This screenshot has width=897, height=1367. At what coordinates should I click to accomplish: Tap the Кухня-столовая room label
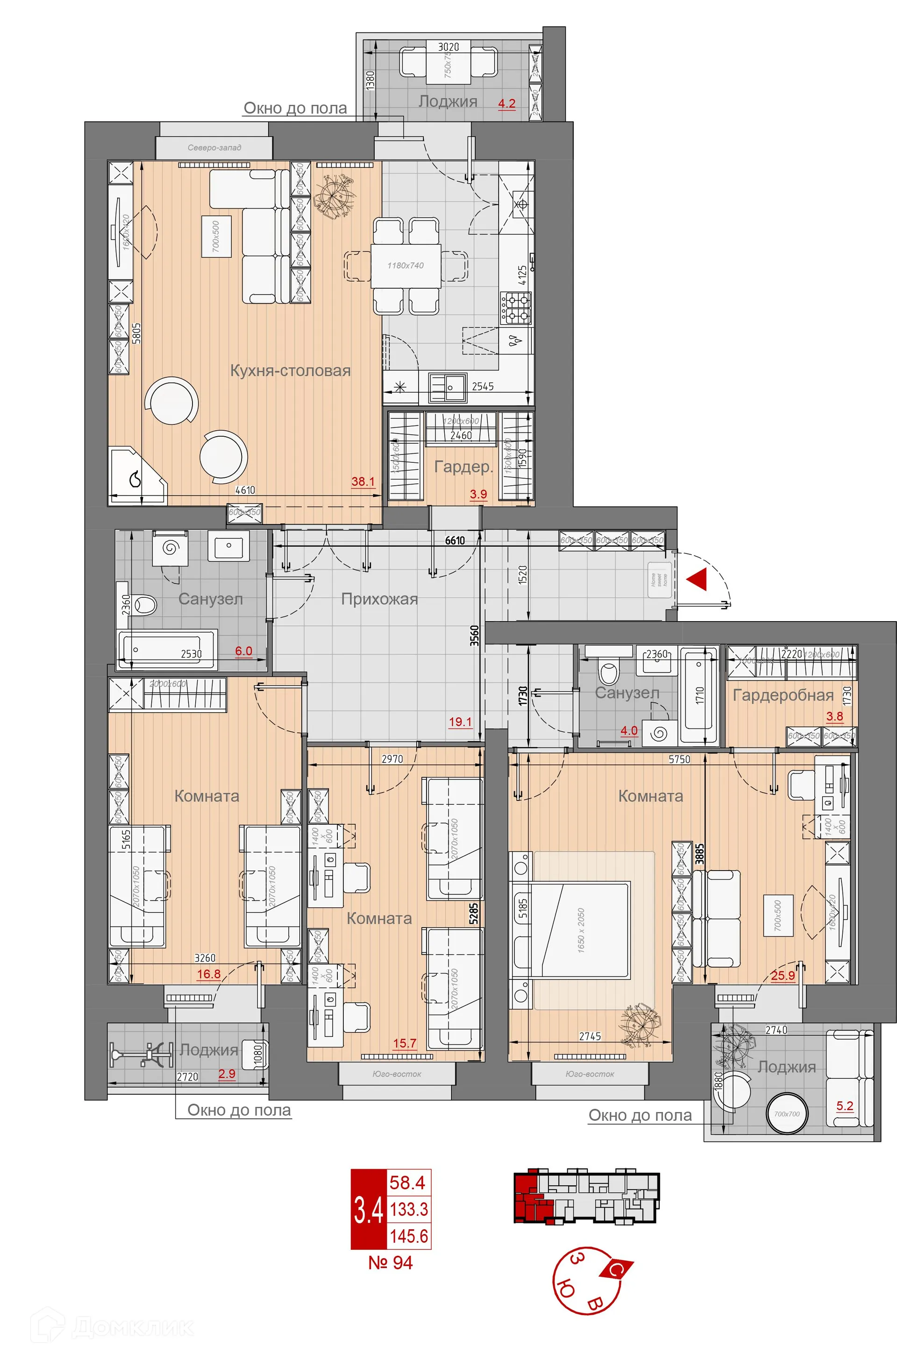290,370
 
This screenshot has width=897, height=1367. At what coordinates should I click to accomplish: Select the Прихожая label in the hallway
379,599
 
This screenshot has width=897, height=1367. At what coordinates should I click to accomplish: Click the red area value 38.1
363,482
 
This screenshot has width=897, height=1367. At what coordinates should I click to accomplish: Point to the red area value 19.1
460,722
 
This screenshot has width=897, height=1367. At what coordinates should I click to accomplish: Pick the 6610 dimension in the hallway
455,540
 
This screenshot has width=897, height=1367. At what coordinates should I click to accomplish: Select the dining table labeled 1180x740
406,265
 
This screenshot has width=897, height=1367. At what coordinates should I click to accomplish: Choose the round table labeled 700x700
787,1114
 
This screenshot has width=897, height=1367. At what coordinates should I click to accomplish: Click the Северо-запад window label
214,148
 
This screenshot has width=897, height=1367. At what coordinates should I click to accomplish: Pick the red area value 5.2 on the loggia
845,1105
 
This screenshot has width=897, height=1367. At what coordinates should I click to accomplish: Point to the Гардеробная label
783,695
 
